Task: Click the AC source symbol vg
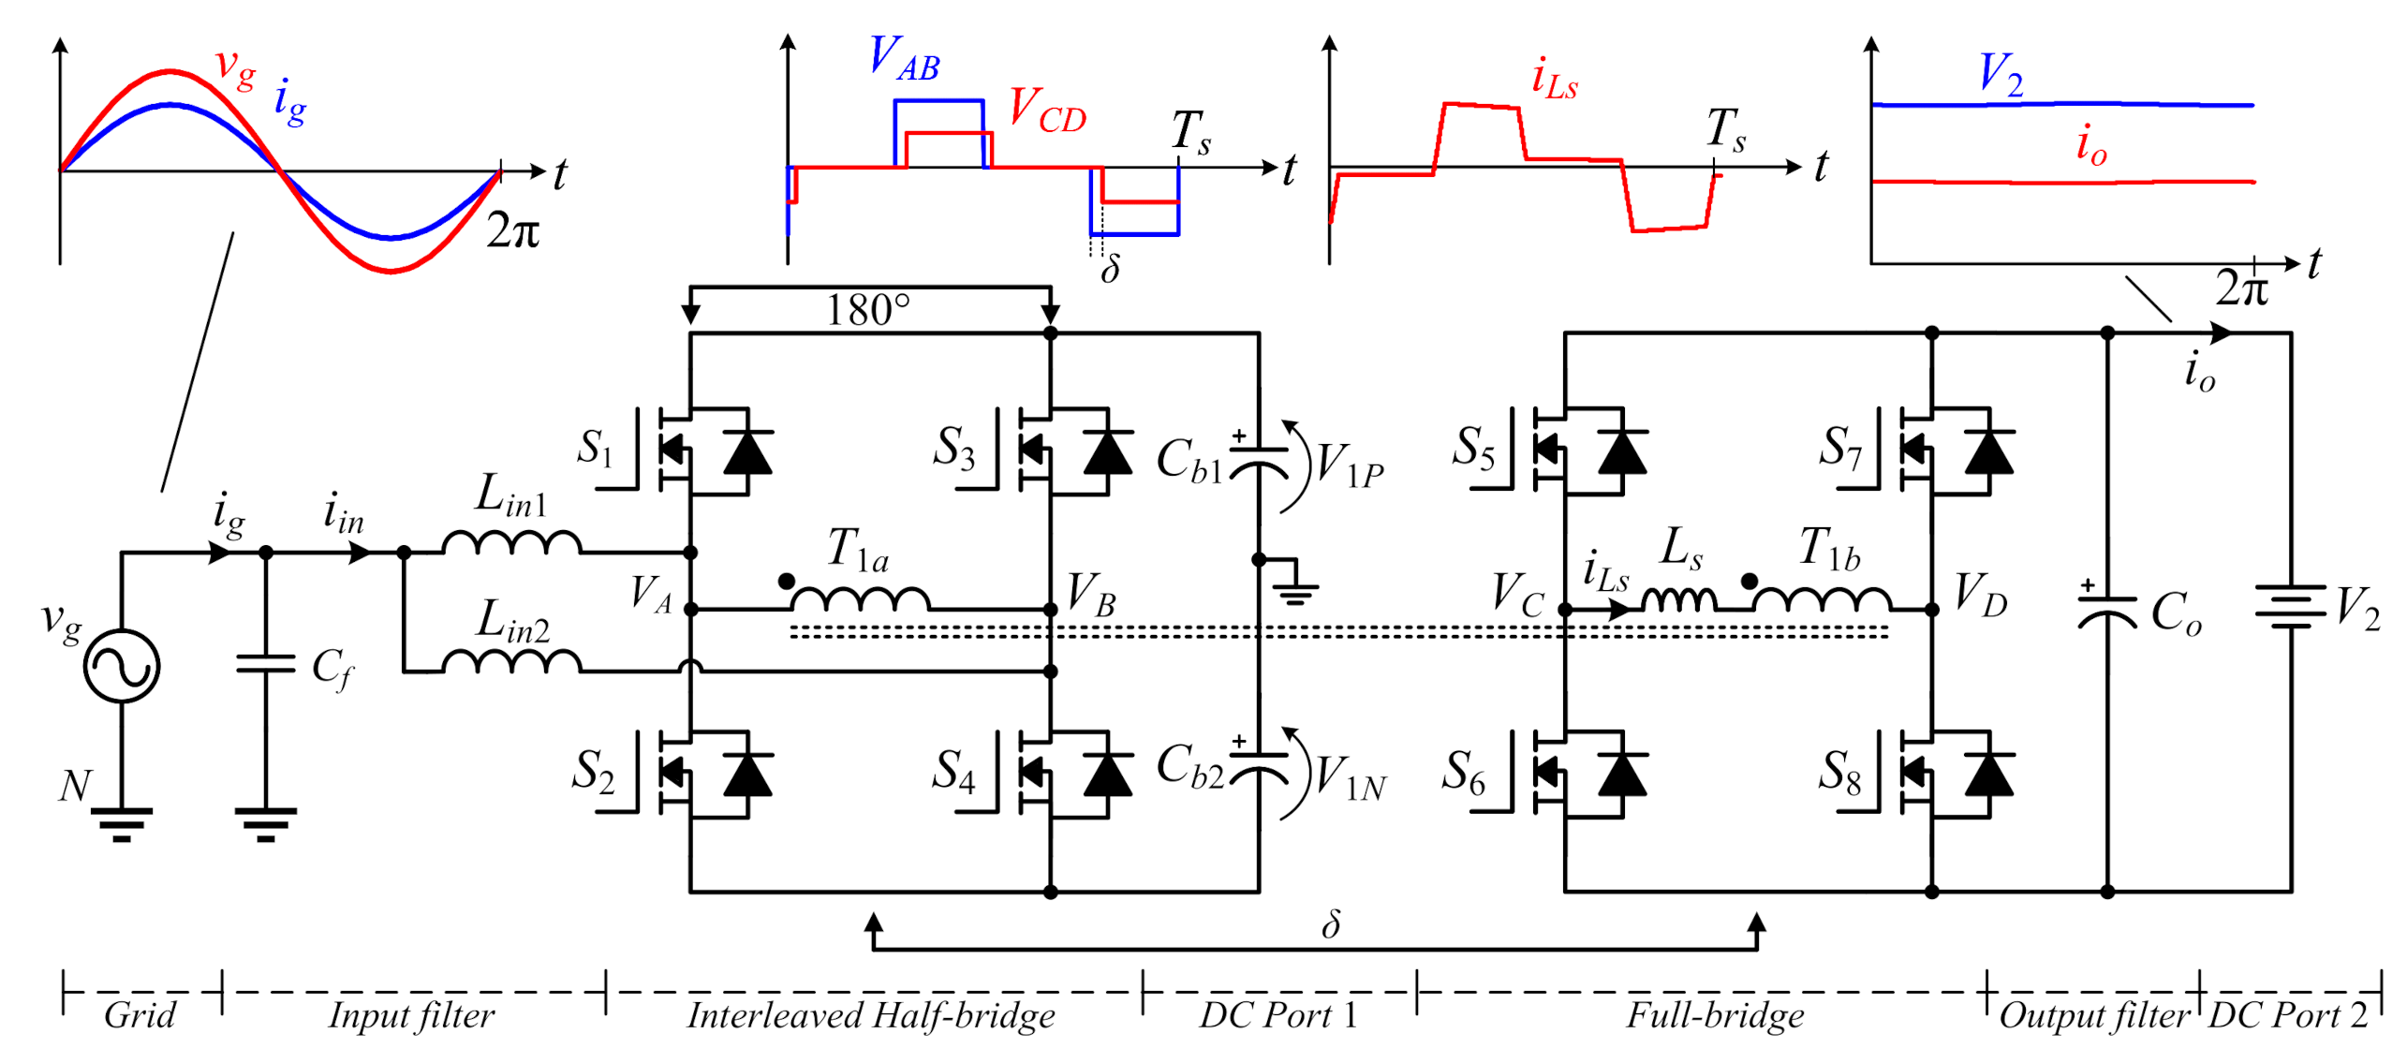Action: (121, 666)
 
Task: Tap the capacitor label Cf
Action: (332, 669)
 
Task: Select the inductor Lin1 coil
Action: (511, 542)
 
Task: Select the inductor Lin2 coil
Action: (511, 662)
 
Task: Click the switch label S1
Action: (595, 448)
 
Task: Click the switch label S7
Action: (1839, 448)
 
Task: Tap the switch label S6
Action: (1463, 772)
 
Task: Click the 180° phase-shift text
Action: (867, 310)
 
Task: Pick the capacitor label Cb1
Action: (1189, 461)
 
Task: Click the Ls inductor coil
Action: (1679, 598)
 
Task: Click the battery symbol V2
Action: (2290, 607)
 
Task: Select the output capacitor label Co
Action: (2175, 614)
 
